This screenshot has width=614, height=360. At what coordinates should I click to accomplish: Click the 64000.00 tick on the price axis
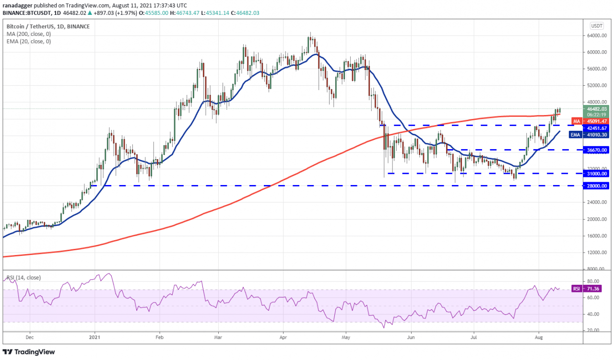(x=596, y=35)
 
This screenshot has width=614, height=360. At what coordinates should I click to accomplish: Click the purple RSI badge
(x=577, y=289)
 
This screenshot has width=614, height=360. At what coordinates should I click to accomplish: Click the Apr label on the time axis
(x=283, y=337)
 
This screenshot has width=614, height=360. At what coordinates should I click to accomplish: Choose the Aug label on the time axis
(x=539, y=337)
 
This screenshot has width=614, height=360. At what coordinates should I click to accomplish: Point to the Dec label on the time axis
(x=29, y=337)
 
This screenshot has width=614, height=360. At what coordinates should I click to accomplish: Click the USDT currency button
(x=597, y=26)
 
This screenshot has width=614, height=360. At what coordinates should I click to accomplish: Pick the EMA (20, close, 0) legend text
(x=28, y=42)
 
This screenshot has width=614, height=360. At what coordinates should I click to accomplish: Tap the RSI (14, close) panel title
(x=24, y=278)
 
